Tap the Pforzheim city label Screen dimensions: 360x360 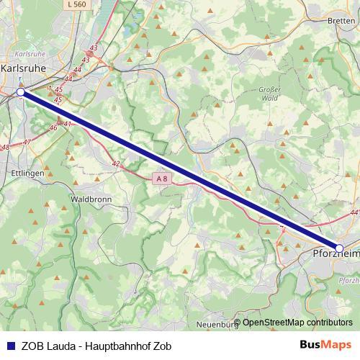pos(336,254)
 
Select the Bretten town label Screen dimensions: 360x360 pos(341,21)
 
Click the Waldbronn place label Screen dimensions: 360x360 pos(90,198)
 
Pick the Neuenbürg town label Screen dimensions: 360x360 pos(217,325)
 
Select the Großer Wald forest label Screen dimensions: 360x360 pos(269,94)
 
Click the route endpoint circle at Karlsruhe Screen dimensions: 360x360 pos(21,92)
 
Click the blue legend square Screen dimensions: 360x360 pos(9,345)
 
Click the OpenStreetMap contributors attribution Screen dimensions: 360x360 pos(297,323)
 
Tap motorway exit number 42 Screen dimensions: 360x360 pos(116,164)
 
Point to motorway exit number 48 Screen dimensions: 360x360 pos(5,147)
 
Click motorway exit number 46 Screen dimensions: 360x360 pos(53,127)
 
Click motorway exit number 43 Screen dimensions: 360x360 pos(94,48)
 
